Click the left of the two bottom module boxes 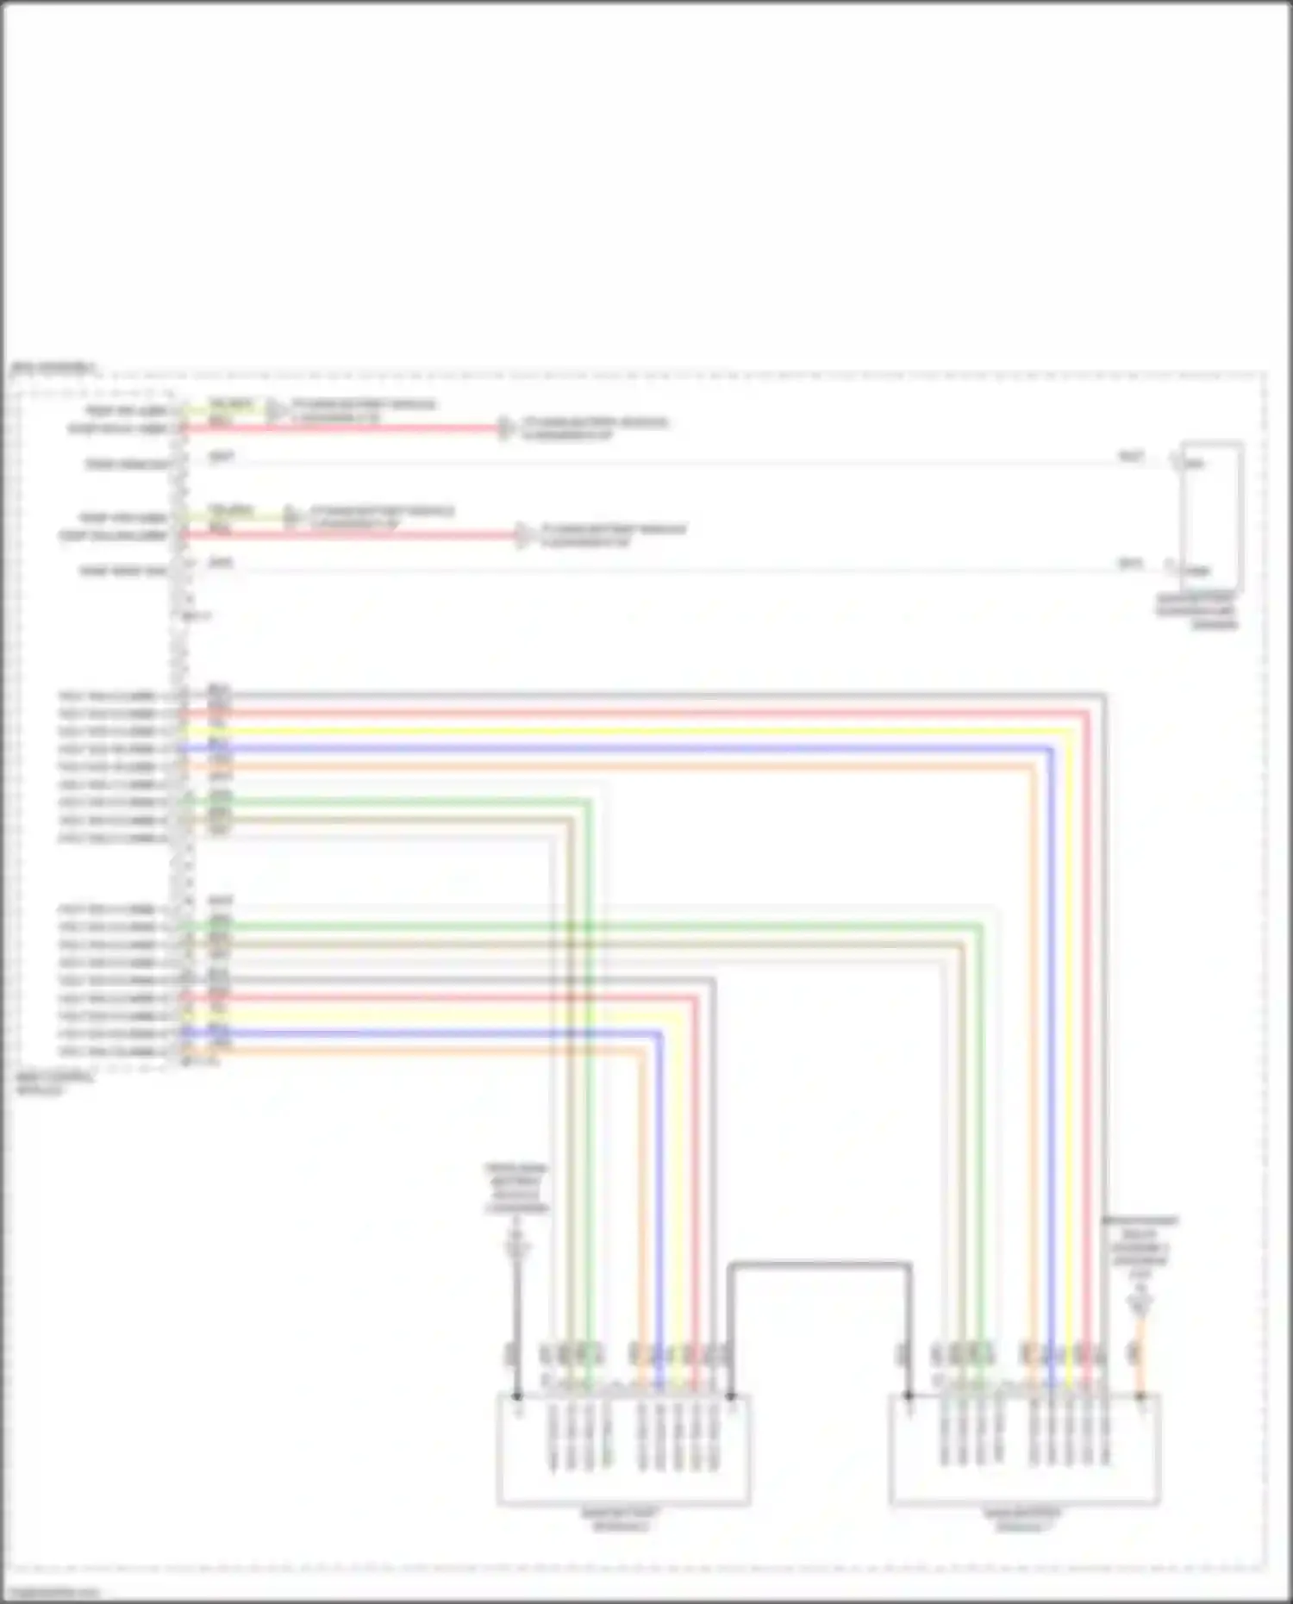coord(622,1450)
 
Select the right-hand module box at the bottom coord(1024,1450)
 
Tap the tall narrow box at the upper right coord(1212,515)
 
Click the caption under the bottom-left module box coord(621,1520)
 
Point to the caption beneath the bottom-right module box coord(1023,1520)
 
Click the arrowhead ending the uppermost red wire coord(506,428)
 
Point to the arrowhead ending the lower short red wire coord(523,535)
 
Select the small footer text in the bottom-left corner coord(52,1592)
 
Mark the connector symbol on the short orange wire coord(1140,1303)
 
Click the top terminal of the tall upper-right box coord(1176,462)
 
